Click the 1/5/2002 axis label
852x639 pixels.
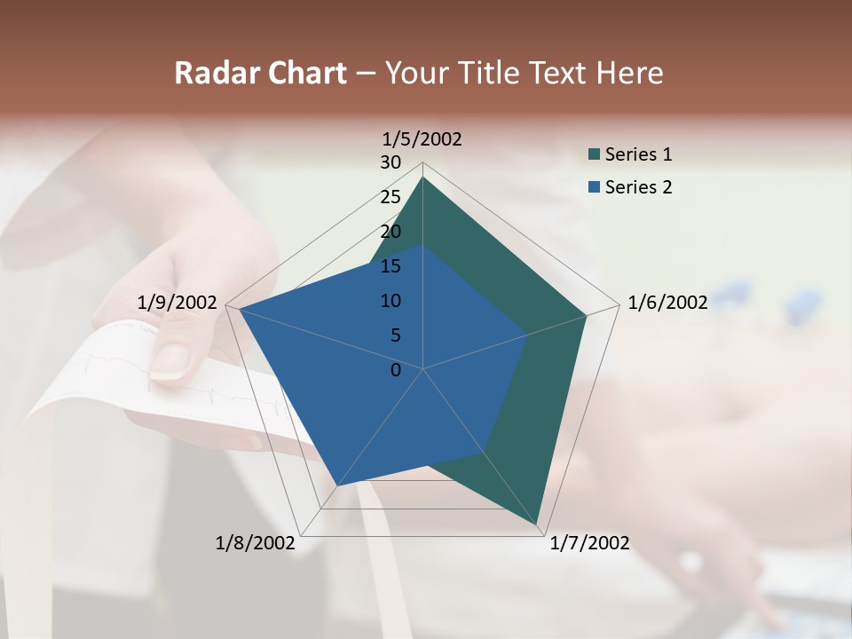pos(422,139)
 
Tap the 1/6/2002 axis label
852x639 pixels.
pos(667,303)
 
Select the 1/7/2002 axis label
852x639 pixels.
pos(589,543)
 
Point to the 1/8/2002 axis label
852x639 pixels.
pos(255,543)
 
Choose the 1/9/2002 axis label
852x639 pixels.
pos(177,303)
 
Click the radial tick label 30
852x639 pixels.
pos(390,162)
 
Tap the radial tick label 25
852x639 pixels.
pos(390,197)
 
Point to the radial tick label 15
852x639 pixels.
pos(390,266)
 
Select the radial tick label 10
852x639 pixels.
pos(390,301)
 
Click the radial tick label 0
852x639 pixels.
pos(396,370)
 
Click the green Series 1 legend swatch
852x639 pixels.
pos(594,155)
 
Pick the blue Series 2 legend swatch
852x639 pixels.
pos(594,187)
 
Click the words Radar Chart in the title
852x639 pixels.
pos(260,74)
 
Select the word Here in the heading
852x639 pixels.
pos(629,74)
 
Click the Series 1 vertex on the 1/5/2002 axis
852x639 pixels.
pos(422,177)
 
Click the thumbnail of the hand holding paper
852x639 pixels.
pos(177,355)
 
